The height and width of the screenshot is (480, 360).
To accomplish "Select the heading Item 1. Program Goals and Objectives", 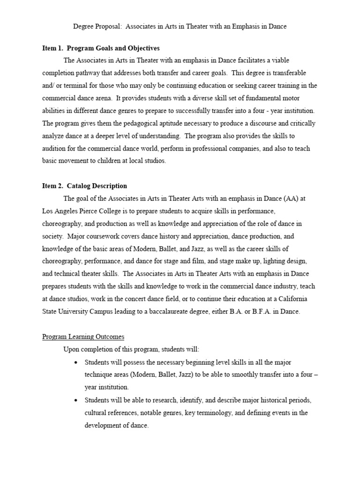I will tap(101, 48).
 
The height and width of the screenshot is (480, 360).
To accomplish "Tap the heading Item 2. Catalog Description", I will tap(84, 186).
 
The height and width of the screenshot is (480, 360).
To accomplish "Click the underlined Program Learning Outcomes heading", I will tap(83, 337).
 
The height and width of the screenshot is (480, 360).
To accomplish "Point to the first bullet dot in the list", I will tap(76, 362).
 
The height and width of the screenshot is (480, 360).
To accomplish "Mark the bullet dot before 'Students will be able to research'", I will tap(76, 400).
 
